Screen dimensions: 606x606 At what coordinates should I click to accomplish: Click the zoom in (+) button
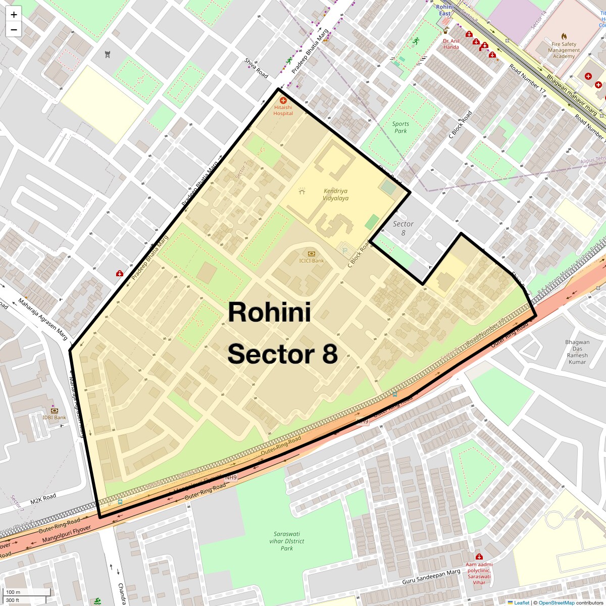[x=14, y=15]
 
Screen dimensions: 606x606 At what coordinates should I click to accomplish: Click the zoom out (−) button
[x=14, y=30]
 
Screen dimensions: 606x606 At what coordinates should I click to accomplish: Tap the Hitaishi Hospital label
[x=283, y=110]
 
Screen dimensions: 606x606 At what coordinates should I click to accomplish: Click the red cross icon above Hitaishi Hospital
[x=283, y=100]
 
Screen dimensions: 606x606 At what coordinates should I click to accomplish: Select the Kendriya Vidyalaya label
[x=336, y=194]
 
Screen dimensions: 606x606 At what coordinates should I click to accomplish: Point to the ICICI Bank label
[x=312, y=261]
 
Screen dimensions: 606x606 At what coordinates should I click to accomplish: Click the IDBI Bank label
[x=55, y=418]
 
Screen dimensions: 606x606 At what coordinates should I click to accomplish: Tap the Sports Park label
[x=400, y=127]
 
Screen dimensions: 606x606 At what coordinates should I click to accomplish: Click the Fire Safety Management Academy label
[x=564, y=50]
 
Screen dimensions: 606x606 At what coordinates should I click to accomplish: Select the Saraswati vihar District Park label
[x=287, y=541]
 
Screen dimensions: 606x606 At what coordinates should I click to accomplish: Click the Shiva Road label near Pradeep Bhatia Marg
[x=256, y=68]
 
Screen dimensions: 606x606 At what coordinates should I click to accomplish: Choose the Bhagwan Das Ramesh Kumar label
[x=577, y=352]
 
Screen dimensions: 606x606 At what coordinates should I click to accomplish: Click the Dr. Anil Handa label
[x=451, y=44]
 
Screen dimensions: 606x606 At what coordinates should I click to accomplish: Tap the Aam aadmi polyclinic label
[x=479, y=573]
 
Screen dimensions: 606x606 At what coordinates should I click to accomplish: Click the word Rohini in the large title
[x=269, y=312]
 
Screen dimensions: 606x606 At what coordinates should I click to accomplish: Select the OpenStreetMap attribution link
[x=556, y=602]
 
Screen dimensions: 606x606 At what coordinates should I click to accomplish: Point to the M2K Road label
[x=43, y=499]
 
